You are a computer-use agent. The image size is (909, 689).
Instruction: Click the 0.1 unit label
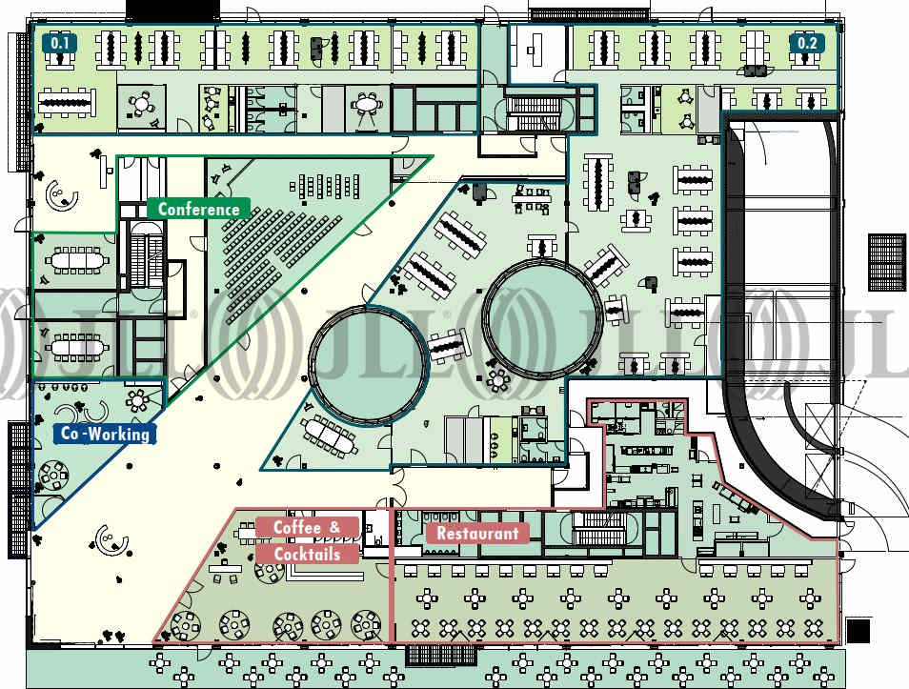click(x=59, y=43)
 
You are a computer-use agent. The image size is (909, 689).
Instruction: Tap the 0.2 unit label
click(x=807, y=43)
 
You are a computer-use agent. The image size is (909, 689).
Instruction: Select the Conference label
click(x=198, y=209)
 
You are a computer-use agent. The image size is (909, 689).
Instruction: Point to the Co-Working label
click(x=105, y=434)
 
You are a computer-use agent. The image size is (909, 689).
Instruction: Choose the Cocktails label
click(x=307, y=554)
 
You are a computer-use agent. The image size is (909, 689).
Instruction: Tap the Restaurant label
click(x=477, y=534)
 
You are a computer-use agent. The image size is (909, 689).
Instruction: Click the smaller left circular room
click(x=366, y=364)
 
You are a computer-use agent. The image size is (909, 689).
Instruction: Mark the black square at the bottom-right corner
click(x=858, y=630)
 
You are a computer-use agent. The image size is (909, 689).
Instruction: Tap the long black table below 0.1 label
click(x=68, y=99)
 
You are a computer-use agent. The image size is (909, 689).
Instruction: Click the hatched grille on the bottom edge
click(x=434, y=655)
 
